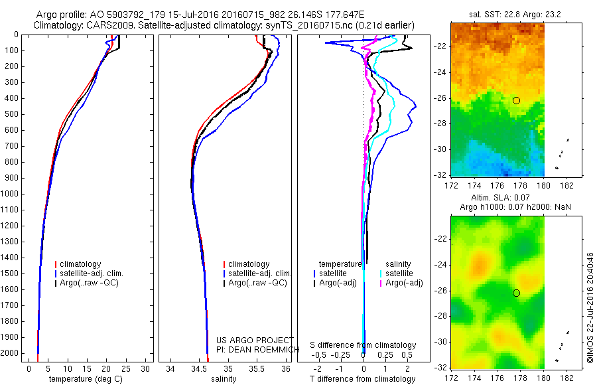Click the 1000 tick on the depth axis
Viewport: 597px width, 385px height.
13,194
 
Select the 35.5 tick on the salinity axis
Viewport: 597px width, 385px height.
257,368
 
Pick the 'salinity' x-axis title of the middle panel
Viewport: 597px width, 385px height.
223,379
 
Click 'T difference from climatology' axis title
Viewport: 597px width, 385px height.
364,379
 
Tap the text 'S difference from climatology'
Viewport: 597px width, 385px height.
364,345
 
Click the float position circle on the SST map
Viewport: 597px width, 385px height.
516,100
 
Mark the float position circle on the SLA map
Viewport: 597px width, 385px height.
516,293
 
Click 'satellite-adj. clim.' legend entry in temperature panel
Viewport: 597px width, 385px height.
96,273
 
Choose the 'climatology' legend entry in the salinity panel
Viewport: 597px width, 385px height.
249,264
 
